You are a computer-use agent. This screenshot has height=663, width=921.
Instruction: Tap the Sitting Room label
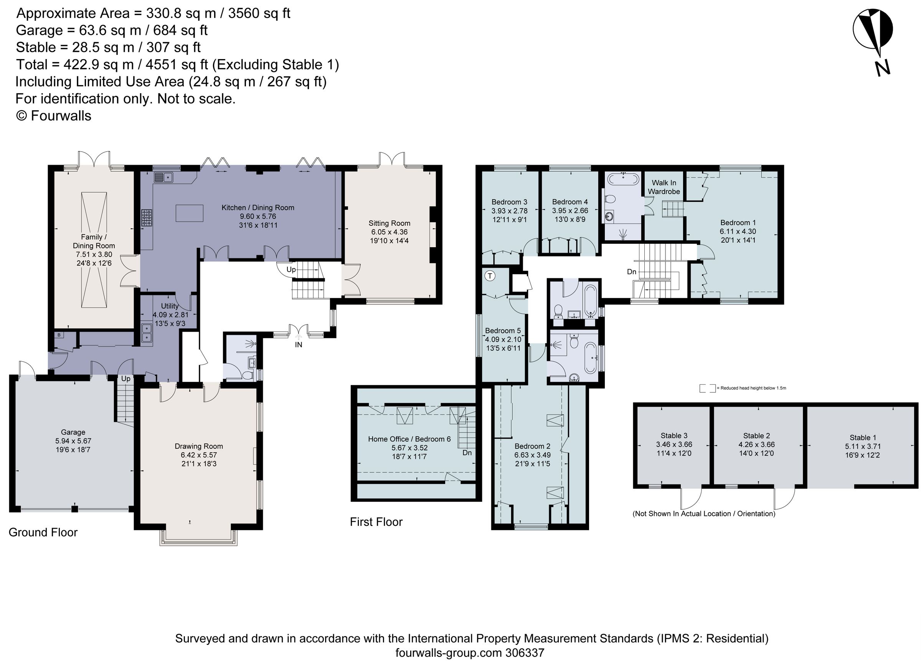(389, 223)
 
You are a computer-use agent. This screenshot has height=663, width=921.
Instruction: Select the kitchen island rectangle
(190, 213)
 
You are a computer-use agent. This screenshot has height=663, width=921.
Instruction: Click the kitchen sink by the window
(163, 177)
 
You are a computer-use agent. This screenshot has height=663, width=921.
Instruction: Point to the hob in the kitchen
(147, 217)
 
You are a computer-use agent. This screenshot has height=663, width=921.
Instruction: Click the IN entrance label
(299, 345)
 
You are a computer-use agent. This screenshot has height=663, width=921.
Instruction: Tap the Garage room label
(73, 432)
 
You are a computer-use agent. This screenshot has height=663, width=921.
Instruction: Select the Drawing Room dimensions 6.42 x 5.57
(198, 455)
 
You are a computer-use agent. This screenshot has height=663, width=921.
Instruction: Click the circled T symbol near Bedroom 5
(490, 276)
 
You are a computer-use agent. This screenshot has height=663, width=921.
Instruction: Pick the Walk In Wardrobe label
(664, 187)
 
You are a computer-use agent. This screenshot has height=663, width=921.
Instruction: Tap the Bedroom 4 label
(570, 202)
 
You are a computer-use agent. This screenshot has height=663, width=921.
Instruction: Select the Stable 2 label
(756, 436)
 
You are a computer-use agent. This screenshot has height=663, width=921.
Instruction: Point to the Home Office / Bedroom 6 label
(409, 439)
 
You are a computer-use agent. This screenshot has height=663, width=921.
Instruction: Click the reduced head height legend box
(707, 389)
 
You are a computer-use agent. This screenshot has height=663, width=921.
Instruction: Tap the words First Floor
(376, 522)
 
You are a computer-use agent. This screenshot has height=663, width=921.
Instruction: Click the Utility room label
(169, 306)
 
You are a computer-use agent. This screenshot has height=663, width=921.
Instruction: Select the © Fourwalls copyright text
(54, 116)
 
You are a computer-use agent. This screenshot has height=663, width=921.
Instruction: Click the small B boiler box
(59, 335)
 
